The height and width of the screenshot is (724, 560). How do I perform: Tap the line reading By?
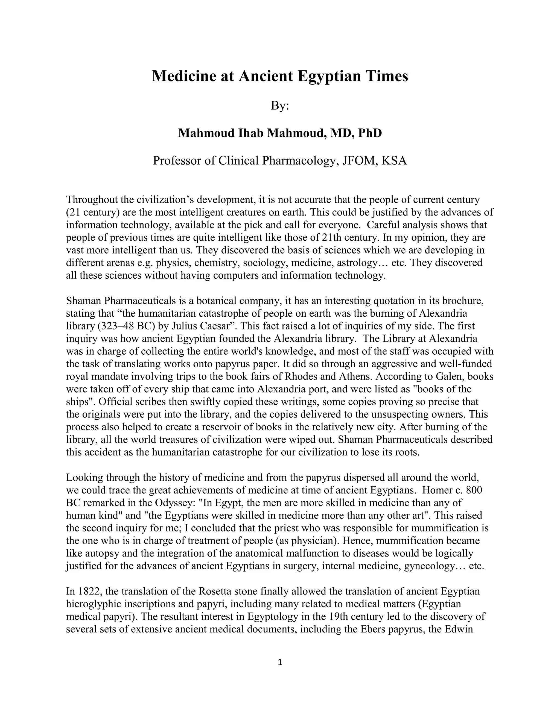point(280,106)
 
